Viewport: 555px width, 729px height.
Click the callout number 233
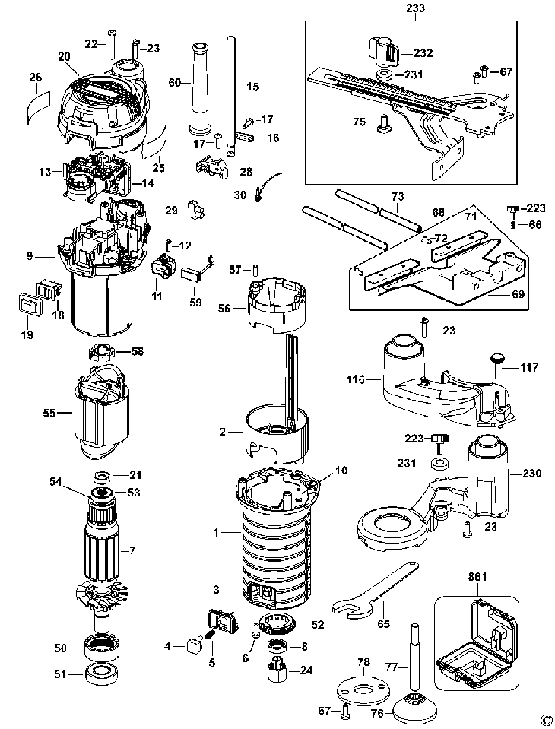click(x=414, y=8)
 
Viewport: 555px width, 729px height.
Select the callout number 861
click(x=477, y=577)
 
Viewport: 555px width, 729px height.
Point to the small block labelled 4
click(x=193, y=645)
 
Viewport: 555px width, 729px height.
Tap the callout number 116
click(x=356, y=380)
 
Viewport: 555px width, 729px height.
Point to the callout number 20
click(x=64, y=56)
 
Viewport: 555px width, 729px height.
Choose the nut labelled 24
click(x=277, y=670)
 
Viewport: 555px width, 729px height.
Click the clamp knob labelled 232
click(x=383, y=52)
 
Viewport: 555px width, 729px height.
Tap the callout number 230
click(x=531, y=474)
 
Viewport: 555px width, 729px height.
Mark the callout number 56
click(x=224, y=308)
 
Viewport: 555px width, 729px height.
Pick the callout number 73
click(x=398, y=196)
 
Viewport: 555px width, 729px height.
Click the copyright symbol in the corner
click(x=547, y=722)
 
